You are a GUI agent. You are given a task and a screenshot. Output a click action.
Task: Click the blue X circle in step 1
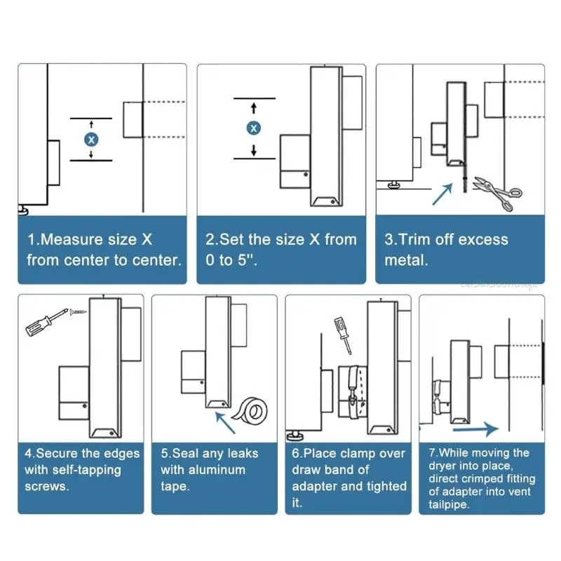point(91,139)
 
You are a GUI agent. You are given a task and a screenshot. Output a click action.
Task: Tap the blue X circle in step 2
point(254,128)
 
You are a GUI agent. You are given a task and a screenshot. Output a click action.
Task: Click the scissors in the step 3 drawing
point(498,193)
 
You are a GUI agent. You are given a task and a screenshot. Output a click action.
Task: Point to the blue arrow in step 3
point(442,194)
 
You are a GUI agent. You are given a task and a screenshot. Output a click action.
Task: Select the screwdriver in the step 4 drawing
point(46,322)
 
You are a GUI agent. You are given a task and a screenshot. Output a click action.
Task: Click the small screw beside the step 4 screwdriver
point(78,312)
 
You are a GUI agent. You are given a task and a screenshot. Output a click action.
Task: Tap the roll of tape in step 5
point(250,410)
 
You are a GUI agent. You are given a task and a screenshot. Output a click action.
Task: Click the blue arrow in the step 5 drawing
point(225,423)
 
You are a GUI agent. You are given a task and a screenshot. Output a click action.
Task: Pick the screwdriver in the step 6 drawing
point(343,335)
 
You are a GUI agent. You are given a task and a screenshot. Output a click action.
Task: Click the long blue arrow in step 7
point(476,428)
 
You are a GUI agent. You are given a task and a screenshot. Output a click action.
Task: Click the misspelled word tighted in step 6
point(384,486)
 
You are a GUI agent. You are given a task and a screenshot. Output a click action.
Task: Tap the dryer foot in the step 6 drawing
point(295,435)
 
